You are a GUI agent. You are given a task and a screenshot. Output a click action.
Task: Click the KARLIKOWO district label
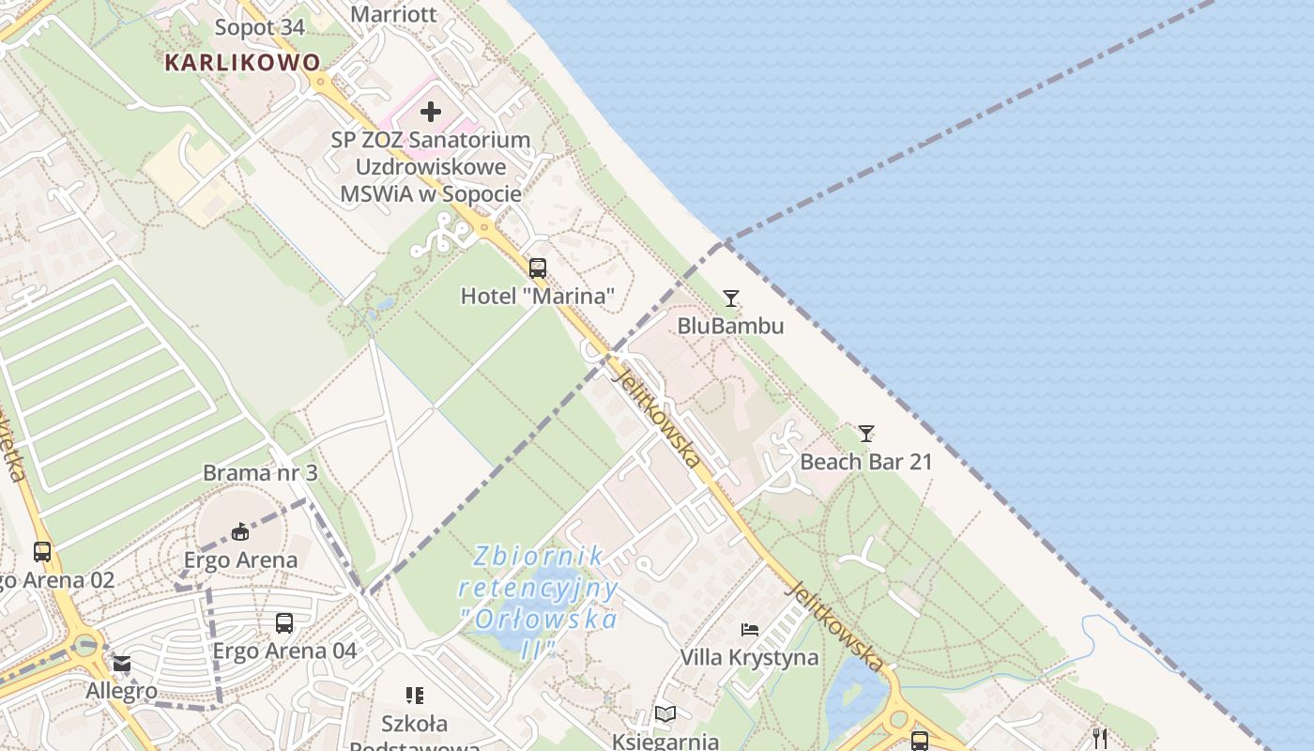pos(242,63)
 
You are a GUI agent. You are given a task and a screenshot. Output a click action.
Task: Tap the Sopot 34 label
pos(260,27)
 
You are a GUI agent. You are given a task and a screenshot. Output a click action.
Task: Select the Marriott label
pos(393,14)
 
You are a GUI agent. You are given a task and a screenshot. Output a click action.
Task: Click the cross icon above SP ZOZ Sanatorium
pos(431,112)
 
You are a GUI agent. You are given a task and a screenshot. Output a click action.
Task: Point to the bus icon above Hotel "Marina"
pos(537,268)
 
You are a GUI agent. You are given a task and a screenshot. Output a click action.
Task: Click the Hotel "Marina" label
pos(537,297)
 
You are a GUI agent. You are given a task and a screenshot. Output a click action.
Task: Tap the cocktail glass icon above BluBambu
pos(731,299)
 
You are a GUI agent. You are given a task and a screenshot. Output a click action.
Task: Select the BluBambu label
pos(731,326)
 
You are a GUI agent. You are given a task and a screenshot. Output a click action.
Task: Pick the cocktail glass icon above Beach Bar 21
pos(866,434)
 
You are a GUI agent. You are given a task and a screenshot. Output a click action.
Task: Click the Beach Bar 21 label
pos(866,462)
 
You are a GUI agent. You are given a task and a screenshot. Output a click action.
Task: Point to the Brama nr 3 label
pos(260,473)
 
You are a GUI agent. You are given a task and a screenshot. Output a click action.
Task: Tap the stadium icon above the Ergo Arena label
pos(240,532)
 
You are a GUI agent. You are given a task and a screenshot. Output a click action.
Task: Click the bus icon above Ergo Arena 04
pos(284,622)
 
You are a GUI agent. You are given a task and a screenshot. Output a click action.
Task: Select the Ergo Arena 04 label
pos(284,651)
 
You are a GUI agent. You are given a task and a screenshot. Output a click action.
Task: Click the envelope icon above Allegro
pos(122,665)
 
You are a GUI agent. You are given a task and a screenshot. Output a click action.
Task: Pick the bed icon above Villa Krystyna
pos(749,629)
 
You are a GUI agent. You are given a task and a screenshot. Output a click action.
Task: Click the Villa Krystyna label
pos(749,657)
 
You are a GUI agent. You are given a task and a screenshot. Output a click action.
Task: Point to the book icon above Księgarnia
pos(665,714)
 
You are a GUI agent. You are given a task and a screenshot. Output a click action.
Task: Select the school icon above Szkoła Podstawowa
pos(415,696)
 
